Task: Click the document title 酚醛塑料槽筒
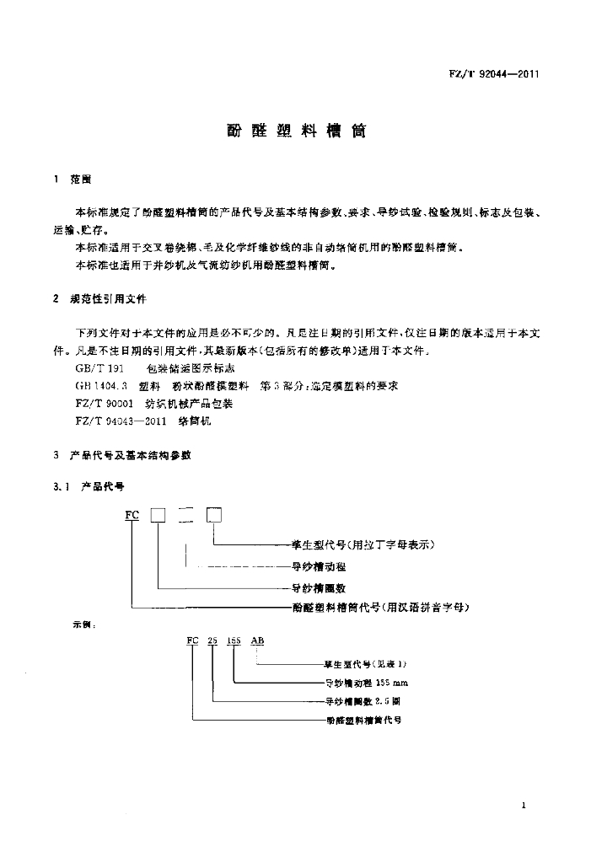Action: click(x=294, y=132)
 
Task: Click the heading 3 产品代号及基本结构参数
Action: click(x=122, y=455)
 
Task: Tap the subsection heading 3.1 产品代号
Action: click(x=94, y=486)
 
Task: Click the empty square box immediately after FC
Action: click(x=158, y=516)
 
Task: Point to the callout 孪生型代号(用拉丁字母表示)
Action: click(x=363, y=544)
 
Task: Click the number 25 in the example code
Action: click(x=212, y=641)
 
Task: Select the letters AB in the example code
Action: click(x=258, y=641)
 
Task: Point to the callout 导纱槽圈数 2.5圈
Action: click(x=363, y=700)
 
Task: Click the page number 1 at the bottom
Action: click(x=524, y=807)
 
